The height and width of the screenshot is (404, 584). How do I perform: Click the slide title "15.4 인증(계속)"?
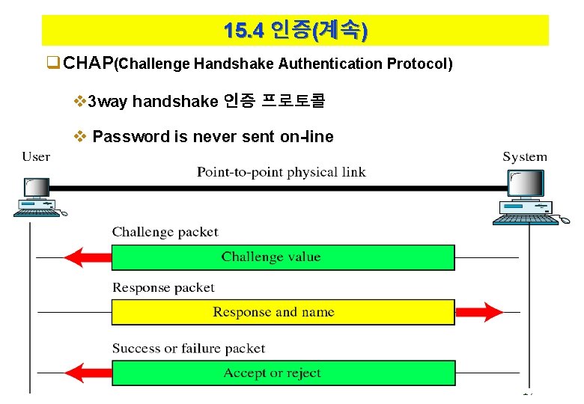point(295,31)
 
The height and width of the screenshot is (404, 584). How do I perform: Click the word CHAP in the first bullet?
point(88,64)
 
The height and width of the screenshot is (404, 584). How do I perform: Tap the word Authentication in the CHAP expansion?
point(331,64)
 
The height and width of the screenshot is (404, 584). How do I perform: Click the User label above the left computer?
point(36,156)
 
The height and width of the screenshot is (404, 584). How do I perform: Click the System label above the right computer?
point(525,156)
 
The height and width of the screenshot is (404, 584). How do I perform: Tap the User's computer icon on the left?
point(37,198)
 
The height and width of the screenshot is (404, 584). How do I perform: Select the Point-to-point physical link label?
point(281,172)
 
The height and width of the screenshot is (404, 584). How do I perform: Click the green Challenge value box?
point(283,257)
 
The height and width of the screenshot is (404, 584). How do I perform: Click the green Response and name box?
point(283,312)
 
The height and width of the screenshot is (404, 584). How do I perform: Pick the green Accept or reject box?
point(283,373)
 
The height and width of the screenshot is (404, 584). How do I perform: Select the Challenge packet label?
point(165,232)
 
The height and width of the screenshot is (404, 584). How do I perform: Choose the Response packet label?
point(163,287)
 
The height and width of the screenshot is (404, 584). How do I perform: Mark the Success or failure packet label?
point(189,348)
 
